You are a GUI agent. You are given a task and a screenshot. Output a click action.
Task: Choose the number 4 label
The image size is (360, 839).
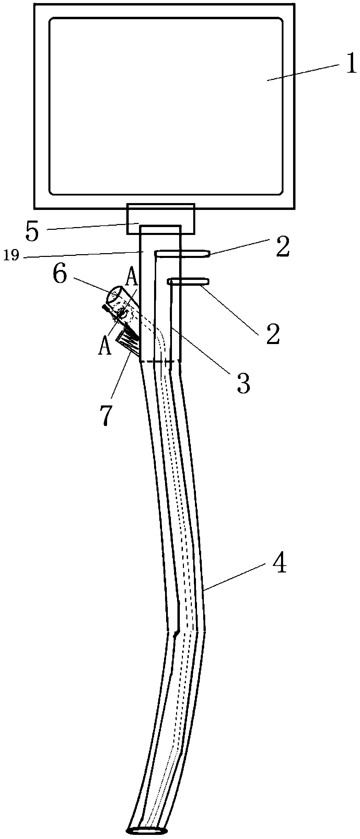click(x=280, y=564)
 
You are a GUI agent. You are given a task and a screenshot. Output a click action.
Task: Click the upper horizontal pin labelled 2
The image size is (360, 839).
click(x=182, y=253)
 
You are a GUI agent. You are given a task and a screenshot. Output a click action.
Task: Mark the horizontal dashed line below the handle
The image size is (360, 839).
click(x=160, y=361)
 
